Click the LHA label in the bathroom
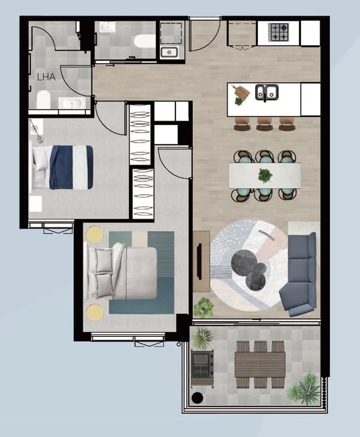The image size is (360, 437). click(x=46, y=77)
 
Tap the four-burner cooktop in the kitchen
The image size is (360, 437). click(x=279, y=32)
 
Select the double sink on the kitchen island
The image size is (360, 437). click(x=267, y=93)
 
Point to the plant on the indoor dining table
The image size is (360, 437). click(x=265, y=175)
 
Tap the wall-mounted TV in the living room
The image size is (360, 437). click(x=199, y=261)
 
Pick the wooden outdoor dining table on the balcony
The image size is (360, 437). click(x=260, y=364)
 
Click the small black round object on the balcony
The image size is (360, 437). click(x=197, y=398)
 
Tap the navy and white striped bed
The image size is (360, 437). click(x=63, y=167)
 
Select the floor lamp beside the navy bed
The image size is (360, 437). click(x=36, y=131)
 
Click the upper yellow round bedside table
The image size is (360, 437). click(x=95, y=234)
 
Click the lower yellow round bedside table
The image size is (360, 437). click(x=95, y=312)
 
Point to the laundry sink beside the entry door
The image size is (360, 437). click(x=169, y=52)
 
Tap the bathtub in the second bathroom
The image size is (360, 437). click(x=144, y=41)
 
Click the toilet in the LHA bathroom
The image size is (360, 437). click(x=44, y=100)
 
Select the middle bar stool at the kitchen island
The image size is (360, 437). click(x=265, y=124)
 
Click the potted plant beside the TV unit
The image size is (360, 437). click(x=204, y=308)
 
